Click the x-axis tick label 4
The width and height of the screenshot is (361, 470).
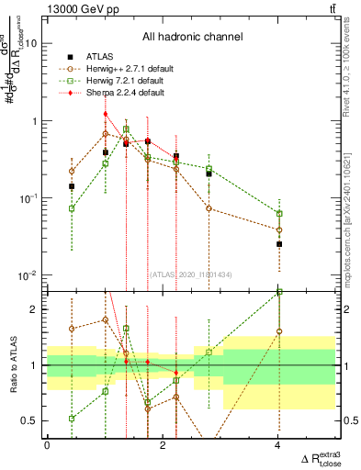coord(279,445)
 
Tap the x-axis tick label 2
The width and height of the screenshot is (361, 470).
coord(163,445)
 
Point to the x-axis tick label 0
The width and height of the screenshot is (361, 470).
coord(47,445)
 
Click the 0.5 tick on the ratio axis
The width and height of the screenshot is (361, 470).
coord(31,420)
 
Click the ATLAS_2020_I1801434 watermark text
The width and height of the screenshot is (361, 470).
coord(190,274)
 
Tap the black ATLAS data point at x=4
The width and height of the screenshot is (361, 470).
coord(279,244)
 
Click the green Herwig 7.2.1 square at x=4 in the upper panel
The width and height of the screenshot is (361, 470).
coord(279,214)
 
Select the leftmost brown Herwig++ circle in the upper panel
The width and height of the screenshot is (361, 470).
coord(72,172)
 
